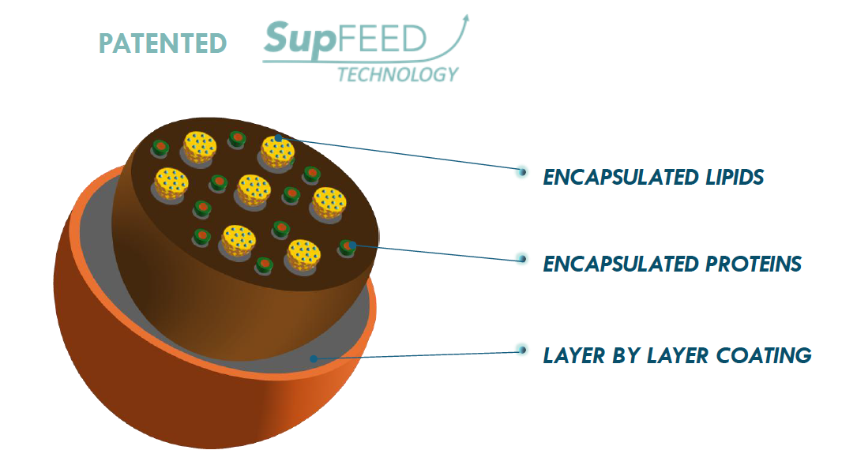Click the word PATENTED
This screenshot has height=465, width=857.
163,43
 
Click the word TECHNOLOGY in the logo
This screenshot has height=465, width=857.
397,74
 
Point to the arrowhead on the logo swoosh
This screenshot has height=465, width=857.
465,17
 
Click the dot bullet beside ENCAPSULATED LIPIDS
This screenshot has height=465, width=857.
521,171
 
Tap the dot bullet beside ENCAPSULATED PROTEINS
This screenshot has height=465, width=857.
521,257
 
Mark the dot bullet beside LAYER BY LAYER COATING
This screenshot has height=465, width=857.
521,350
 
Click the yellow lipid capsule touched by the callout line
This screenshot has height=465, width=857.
278,150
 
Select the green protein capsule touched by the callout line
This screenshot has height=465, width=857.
348,247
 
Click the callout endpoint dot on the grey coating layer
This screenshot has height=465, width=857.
314,358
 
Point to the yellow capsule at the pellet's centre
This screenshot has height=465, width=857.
254,189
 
